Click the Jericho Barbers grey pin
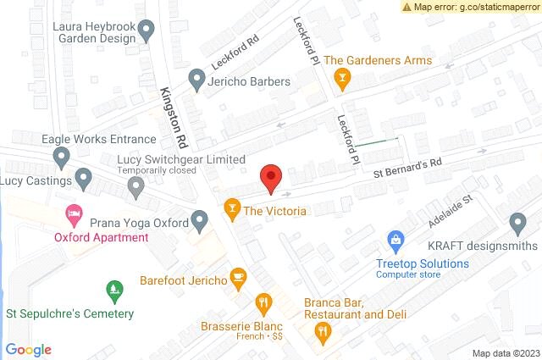[196, 81]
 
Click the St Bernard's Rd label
[409, 166]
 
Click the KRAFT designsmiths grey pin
[518, 224]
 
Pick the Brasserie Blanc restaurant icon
[264, 303]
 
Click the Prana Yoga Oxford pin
[200, 222]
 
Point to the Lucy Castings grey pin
[83, 178]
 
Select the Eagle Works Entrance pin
[61, 157]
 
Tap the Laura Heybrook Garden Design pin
[147, 32]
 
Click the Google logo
[29, 350]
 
